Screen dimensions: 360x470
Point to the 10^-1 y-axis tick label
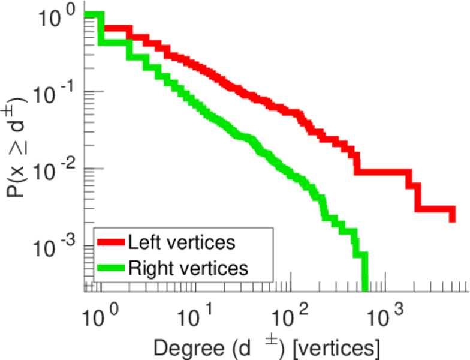tap(52, 95)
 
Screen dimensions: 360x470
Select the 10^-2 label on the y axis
tap(52, 171)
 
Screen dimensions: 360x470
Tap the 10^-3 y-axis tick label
tap(52, 248)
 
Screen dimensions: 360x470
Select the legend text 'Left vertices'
tap(181, 242)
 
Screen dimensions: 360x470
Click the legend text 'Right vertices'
tap(187, 268)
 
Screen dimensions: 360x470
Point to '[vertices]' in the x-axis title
tap(332, 347)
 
